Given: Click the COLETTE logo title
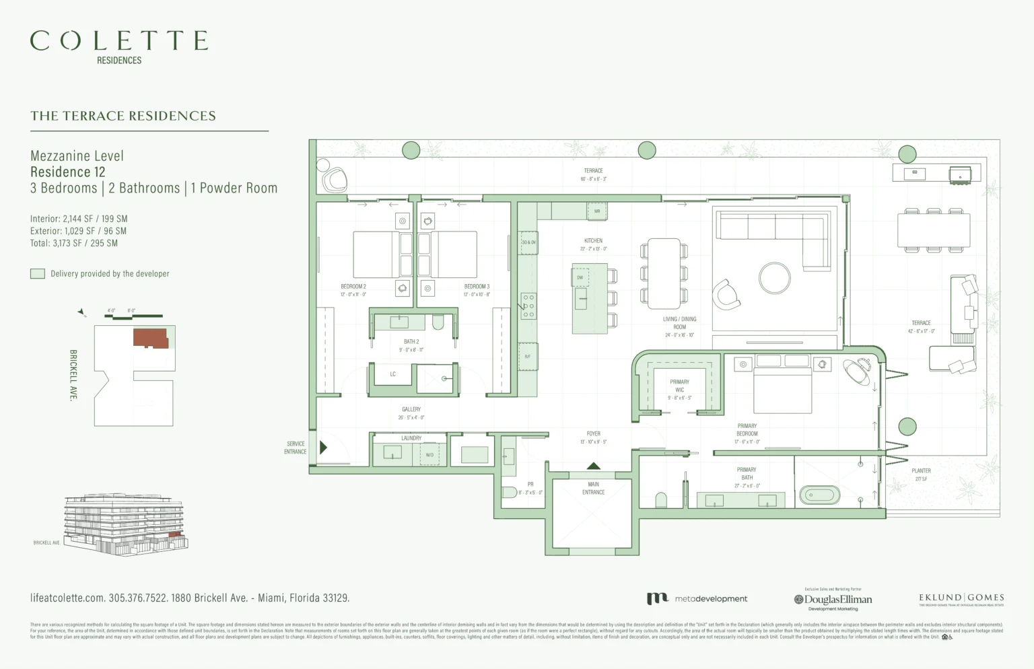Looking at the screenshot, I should pyautogui.click(x=119, y=41).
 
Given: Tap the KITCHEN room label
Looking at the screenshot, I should pyautogui.click(x=593, y=241).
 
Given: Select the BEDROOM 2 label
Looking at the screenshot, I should pyautogui.click(x=353, y=287).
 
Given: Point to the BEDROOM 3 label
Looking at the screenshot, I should pyautogui.click(x=477, y=287).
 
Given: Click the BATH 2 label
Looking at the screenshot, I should pyautogui.click(x=411, y=342).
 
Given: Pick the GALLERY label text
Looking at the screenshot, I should pyautogui.click(x=411, y=409).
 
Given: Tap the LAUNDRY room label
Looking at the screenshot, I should pyautogui.click(x=411, y=438).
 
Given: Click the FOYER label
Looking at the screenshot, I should pyautogui.click(x=593, y=434).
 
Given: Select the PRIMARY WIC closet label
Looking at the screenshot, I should pyautogui.click(x=679, y=386).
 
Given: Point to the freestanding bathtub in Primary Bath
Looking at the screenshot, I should pyautogui.click(x=819, y=496).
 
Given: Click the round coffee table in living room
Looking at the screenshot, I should pyautogui.click(x=775, y=277).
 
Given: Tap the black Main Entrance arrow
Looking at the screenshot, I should pyautogui.click(x=593, y=466).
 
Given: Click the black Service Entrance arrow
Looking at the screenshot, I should pyautogui.click(x=323, y=448).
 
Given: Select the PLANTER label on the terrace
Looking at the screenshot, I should pyautogui.click(x=921, y=471).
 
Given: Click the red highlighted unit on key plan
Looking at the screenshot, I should pyautogui.click(x=149, y=337).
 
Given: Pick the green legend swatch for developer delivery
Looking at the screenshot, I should pyautogui.click(x=38, y=274).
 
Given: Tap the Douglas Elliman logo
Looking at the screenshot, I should pyautogui.click(x=833, y=599).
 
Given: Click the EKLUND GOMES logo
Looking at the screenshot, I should pyautogui.click(x=961, y=598).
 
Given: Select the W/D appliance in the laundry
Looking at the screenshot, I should pyautogui.click(x=429, y=455).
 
